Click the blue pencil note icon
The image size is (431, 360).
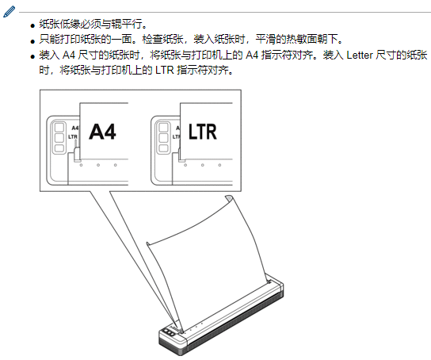[9, 12]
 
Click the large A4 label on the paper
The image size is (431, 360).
[102, 132]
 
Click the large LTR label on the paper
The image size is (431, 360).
[203, 132]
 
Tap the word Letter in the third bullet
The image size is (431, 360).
[360, 55]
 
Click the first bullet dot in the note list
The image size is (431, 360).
[33, 26]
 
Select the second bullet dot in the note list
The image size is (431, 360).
[33, 41]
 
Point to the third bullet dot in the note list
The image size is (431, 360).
[33, 57]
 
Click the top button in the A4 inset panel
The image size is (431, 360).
[59, 128]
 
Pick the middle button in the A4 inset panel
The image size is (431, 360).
[59, 137]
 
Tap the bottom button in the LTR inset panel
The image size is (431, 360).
[163, 148]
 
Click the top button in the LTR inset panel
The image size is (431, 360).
[163, 128]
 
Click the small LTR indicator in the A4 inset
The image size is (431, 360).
[73, 136]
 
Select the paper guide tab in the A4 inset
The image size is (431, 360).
[77, 155]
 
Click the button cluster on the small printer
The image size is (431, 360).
[168, 332]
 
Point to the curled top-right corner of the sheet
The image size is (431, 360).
[229, 198]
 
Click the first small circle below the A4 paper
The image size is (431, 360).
[81, 165]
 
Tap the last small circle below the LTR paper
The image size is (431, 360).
[219, 165]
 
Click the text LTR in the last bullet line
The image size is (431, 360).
[164, 71]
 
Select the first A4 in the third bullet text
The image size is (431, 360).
[69, 55]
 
